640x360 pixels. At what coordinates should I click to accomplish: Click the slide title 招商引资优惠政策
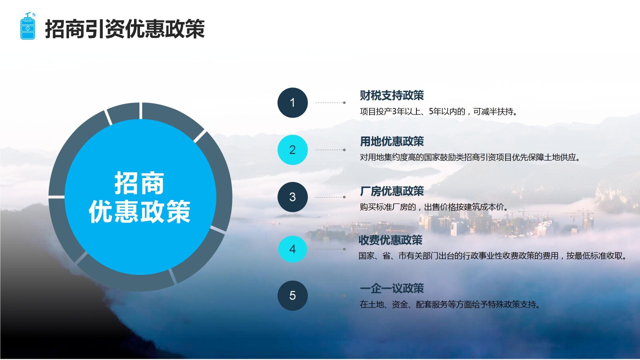click(125, 29)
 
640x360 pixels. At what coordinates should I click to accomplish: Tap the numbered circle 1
click(292, 102)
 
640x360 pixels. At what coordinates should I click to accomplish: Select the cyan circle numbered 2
click(292, 150)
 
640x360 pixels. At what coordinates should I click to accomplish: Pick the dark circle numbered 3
click(292, 197)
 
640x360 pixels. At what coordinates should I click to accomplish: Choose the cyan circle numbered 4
click(292, 249)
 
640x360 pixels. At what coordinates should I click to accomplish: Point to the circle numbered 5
click(292, 296)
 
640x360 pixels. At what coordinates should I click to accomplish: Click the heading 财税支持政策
click(392, 96)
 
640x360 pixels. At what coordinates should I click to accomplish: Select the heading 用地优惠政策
click(392, 142)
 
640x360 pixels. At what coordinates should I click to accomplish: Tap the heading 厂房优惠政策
click(392, 191)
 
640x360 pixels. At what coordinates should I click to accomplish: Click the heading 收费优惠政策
click(390, 240)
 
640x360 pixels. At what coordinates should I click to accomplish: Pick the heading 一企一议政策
click(392, 288)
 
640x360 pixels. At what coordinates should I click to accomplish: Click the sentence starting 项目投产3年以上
click(438, 112)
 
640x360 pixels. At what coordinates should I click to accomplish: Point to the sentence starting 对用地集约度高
click(470, 158)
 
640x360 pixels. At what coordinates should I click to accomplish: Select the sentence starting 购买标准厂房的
click(434, 207)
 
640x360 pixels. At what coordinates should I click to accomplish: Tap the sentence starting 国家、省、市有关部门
click(492, 256)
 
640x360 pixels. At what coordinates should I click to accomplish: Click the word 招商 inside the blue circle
click(140, 183)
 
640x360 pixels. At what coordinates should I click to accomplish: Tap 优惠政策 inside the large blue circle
click(140, 212)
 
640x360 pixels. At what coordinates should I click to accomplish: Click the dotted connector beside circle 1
click(330, 102)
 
